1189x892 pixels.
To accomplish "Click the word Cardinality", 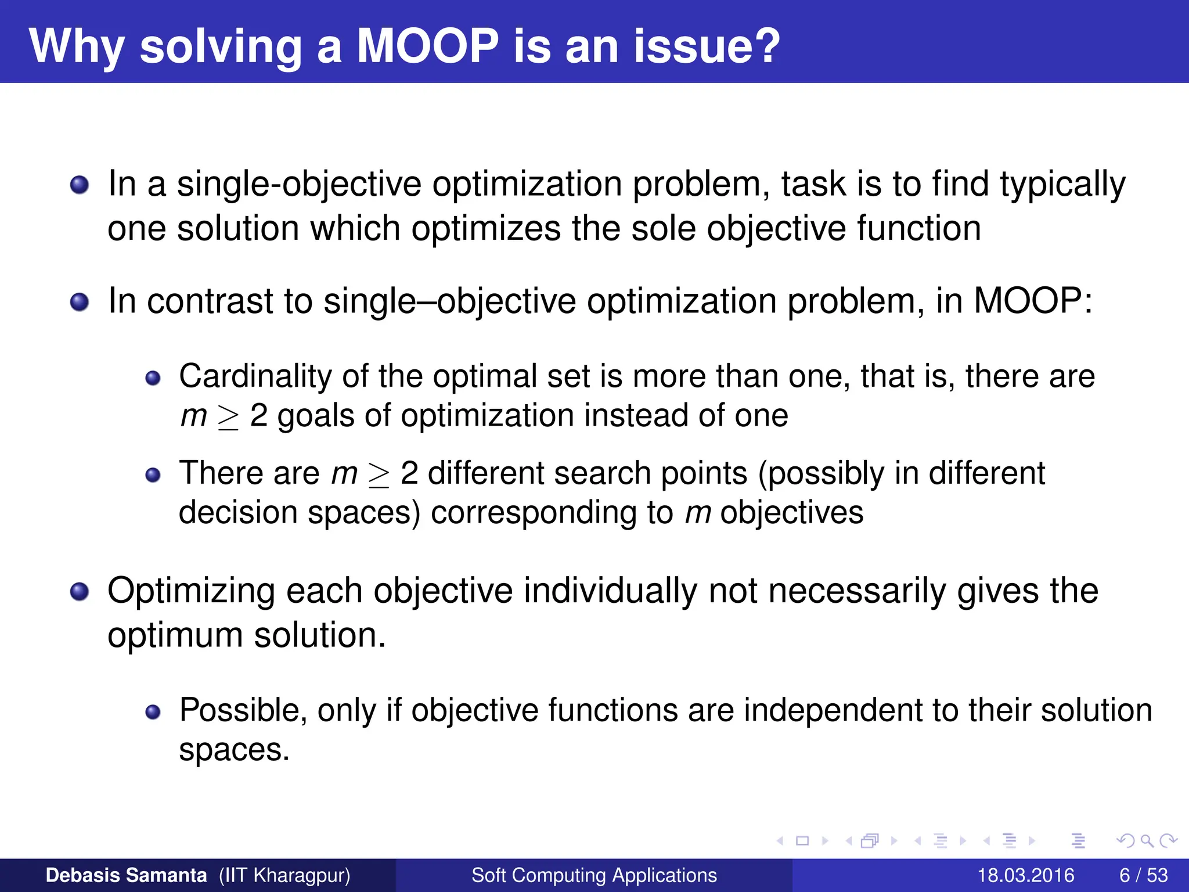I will point(255,376).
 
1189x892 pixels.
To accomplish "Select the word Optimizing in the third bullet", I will point(191,591).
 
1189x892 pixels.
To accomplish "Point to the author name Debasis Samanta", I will point(126,875).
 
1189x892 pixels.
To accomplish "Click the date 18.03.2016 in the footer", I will point(1025,875).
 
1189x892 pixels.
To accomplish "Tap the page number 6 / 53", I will point(1143,875).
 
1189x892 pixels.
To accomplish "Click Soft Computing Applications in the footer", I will point(594,875).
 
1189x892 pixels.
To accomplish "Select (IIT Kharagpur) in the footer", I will point(284,875).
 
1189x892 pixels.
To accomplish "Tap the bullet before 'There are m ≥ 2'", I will point(153,476).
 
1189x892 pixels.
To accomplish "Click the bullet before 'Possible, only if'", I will point(153,713).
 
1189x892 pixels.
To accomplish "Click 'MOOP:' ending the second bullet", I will point(1033,301).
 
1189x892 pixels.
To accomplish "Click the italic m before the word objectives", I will point(697,513).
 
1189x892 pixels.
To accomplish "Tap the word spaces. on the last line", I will point(234,750).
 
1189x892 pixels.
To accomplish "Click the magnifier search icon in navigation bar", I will point(1147,841).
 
